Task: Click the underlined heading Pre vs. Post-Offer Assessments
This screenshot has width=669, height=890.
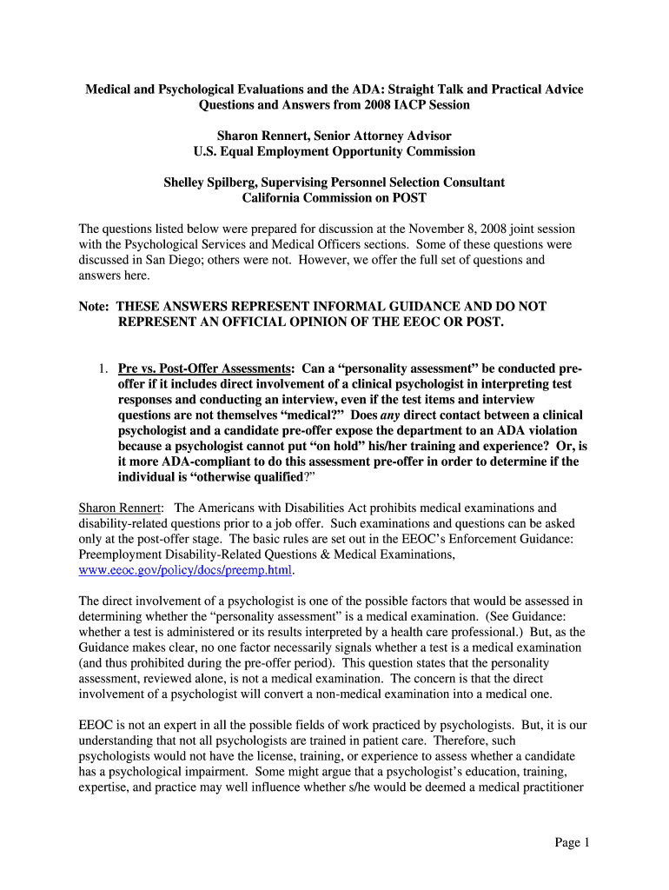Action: point(203,369)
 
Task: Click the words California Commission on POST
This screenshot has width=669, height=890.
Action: point(334,198)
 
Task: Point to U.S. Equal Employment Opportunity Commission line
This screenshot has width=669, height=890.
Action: point(334,151)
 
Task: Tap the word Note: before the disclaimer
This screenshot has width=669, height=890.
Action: point(95,307)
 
